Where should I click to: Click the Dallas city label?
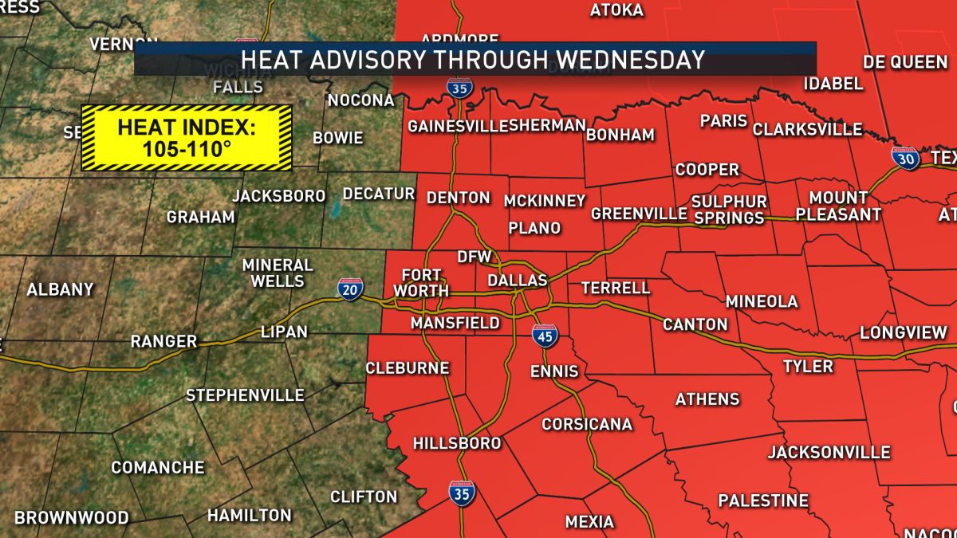pos(517,281)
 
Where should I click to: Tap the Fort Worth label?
pos(421,282)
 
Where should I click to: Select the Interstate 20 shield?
pos(349,289)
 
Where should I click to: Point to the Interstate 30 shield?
pos(905,158)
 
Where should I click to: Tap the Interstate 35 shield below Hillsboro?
pos(462,494)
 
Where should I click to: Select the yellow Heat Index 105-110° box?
pos(187,137)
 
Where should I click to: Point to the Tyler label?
pos(807,367)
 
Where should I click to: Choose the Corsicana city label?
pos(587,424)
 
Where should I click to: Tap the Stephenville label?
pos(245,395)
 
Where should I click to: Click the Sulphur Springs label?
pos(728,210)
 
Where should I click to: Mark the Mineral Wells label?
pos(278,273)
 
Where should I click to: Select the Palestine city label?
pos(763,501)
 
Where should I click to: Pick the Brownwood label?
pos(72,518)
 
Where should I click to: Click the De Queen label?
pos(905,62)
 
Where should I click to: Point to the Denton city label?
pos(458,198)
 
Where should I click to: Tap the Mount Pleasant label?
pos(837,206)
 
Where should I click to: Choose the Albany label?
pos(61,290)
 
